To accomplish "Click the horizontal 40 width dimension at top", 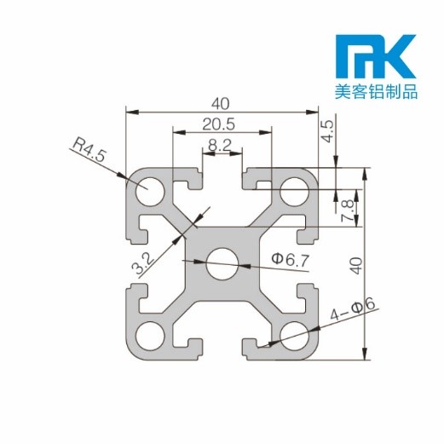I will coord(221,103).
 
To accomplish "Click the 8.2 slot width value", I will coord(220,145).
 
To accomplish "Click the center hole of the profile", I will coord(222,261).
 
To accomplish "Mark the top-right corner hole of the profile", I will coord(294,189).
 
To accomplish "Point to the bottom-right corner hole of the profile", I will coord(294,333).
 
